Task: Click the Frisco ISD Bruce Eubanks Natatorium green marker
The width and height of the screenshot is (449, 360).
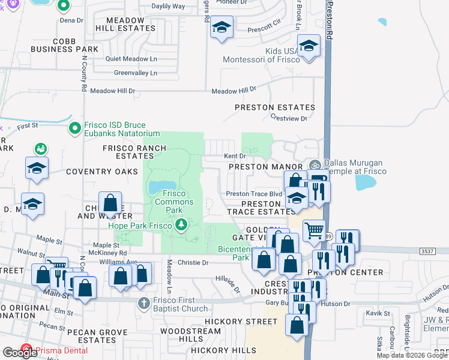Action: pos(75,127)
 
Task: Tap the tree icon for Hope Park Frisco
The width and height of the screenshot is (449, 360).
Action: pos(181,225)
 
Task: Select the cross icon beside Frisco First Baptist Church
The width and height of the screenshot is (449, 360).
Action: pos(143,302)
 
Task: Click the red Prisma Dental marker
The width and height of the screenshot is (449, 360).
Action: pos(26,349)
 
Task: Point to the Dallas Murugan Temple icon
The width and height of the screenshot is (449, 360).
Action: pos(315,165)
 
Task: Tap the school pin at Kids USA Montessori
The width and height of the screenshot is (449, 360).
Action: pos(309,46)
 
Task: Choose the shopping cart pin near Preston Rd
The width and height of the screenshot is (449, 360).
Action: pos(314,230)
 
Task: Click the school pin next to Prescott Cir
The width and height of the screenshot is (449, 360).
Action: pos(221,27)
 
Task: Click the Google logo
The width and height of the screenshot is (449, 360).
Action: pos(20,352)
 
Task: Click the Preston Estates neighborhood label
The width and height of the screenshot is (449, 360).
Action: pos(274,107)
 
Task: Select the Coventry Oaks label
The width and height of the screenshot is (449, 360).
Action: pos(97,172)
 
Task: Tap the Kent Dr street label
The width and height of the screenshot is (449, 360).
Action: pos(235,156)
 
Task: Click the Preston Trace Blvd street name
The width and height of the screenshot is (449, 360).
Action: pos(253,194)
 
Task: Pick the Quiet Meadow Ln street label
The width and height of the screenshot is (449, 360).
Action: pos(131,59)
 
